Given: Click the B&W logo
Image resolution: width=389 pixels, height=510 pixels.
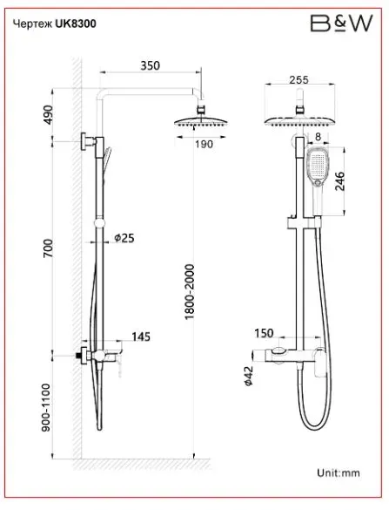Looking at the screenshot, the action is click(342, 24).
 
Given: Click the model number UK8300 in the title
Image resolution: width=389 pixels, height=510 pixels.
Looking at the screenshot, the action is click(76, 24).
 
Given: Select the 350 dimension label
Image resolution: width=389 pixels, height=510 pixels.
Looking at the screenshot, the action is click(150, 65).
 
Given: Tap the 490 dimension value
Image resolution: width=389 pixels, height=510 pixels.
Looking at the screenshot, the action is click(48, 114).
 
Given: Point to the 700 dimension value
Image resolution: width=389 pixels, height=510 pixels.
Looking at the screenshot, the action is click(48, 248).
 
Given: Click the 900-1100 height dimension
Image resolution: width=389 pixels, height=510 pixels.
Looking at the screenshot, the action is click(46, 407).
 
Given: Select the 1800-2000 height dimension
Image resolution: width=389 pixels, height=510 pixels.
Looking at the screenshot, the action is click(189, 292).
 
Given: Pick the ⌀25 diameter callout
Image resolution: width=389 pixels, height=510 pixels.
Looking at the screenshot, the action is click(124, 238).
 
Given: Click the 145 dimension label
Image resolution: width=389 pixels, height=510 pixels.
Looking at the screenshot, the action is click(141, 337).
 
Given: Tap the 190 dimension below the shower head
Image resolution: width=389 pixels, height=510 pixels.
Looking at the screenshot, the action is click(204, 144).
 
